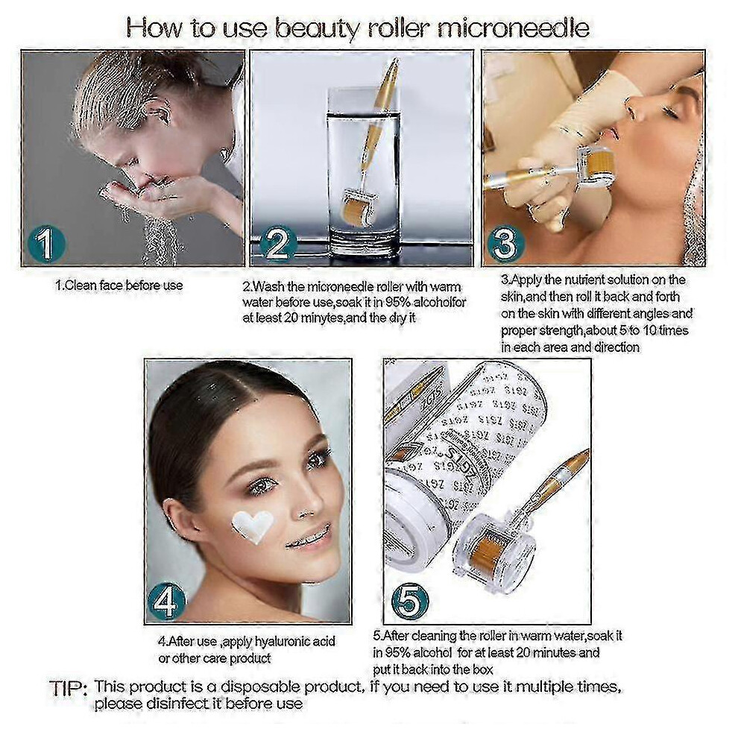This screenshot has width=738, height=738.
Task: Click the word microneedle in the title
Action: click(x=513, y=29)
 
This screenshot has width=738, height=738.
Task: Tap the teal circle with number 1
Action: click(x=47, y=243)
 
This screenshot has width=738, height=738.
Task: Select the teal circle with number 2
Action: click(x=279, y=243)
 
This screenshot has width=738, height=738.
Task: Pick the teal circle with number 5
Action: click(x=411, y=601)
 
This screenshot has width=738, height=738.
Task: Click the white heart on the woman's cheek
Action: click(x=252, y=526)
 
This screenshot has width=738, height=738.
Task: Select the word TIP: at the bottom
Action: click(x=69, y=689)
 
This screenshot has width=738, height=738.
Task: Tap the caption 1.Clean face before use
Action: click(x=119, y=286)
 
